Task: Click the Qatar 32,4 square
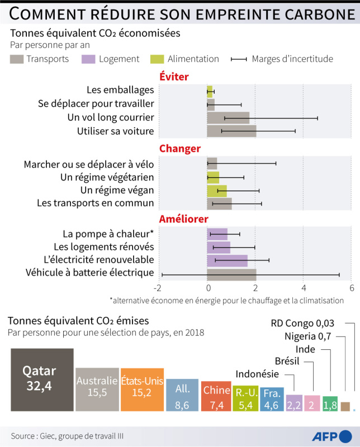[x=42, y=380]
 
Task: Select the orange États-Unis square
[x=143, y=389]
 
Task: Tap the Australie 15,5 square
[x=97, y=389]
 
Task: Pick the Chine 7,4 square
[x=216, y=396]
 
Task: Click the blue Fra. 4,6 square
[x=272, y=399]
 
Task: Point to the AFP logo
[x=331, y=436]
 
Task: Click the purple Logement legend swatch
[x=88, y=59]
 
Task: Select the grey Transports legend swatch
[x=17, y=59]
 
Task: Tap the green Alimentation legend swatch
[x=157, y=59]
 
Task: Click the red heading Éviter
[x=174, y=77]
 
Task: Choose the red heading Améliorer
[x=184, y=219]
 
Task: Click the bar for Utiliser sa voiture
[x=231, y=131]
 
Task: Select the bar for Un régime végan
[x=217, y=191]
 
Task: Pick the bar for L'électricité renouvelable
[x=228, y=260]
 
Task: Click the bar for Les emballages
[x=210, y=92]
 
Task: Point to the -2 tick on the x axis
[x=158, y=288]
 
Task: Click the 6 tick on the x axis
[x=352, y=288]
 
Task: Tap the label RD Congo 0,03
[x=302, y=324]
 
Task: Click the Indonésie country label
[x=257, y=374]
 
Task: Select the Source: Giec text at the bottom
[x=67, y=436]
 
